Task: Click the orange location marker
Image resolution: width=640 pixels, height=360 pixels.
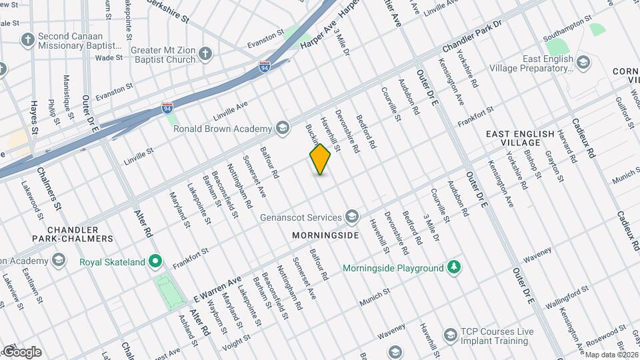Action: click(x=320, y=159)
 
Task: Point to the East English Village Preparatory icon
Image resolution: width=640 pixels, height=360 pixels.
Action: click(x=584, y=63)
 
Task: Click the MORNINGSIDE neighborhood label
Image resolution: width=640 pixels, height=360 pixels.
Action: click(x=325, y=235)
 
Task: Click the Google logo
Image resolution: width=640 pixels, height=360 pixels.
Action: click(x=22, y=351)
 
